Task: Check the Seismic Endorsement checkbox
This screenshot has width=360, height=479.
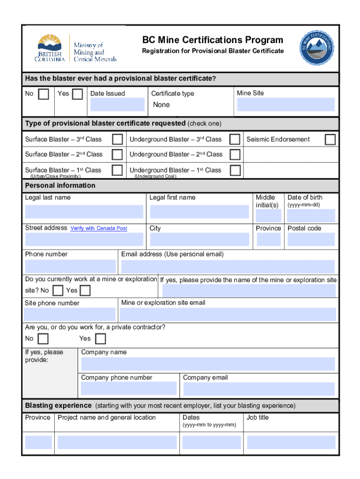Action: [330, 139]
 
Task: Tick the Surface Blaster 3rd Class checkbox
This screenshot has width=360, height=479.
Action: [118, 139]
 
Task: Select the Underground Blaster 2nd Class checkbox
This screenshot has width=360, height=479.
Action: [235, 154]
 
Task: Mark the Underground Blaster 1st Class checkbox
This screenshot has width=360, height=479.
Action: [235, 170]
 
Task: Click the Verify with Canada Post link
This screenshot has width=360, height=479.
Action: [99, 228]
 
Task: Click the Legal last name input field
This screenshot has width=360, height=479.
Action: [84, 212]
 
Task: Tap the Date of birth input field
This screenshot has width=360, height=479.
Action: [311, 215]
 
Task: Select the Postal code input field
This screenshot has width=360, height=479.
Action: [311, 239]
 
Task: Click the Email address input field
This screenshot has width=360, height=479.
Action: [228, 267]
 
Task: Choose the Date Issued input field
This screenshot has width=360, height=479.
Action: [117, 104]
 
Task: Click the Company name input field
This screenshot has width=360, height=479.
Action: [208, 364]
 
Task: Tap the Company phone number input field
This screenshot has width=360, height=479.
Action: [129, 389]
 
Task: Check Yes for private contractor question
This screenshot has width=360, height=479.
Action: [101, 339]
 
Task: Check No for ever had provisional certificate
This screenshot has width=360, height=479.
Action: [43, 94]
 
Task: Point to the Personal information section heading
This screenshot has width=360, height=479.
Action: [60, 186]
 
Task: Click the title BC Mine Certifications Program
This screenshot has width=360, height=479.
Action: [213, 40]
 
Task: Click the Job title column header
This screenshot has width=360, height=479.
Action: [258, 417]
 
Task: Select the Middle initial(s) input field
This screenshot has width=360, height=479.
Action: [268, 216]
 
